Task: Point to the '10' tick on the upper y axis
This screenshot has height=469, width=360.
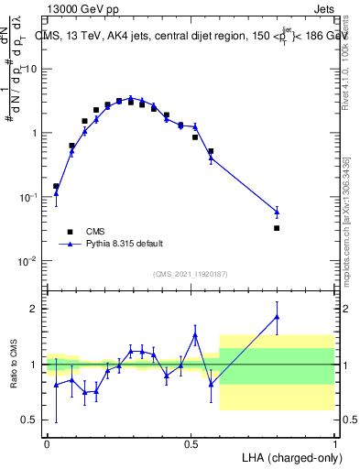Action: [33, 69]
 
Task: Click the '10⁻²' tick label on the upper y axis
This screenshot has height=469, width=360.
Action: [30, 261]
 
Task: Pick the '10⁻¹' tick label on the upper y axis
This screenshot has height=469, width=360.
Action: [30, 197]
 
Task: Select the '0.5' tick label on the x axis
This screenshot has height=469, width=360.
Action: [191, 443]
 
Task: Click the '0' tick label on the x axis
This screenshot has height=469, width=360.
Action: [47, 443]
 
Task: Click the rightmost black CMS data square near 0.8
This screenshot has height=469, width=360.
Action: [277, 228]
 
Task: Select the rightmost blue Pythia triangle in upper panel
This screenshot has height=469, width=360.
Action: [277, 213]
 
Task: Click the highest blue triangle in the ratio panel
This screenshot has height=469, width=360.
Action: [277, 317]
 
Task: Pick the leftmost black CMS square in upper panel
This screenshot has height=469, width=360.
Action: [56, 186]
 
